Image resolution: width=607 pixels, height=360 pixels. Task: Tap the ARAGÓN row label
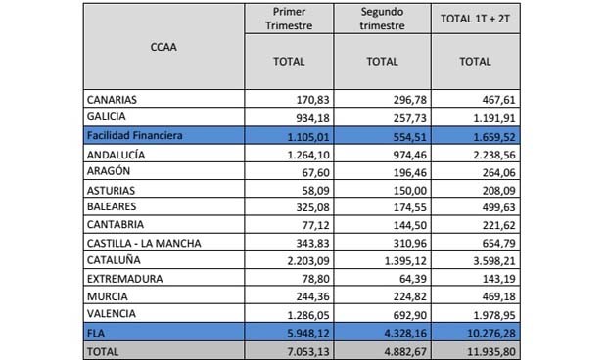click(x=110, y=170)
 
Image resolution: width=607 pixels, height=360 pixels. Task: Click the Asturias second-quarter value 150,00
click(x=382, y=188)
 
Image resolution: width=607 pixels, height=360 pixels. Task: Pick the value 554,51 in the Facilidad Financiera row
click(x=382, y=135)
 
